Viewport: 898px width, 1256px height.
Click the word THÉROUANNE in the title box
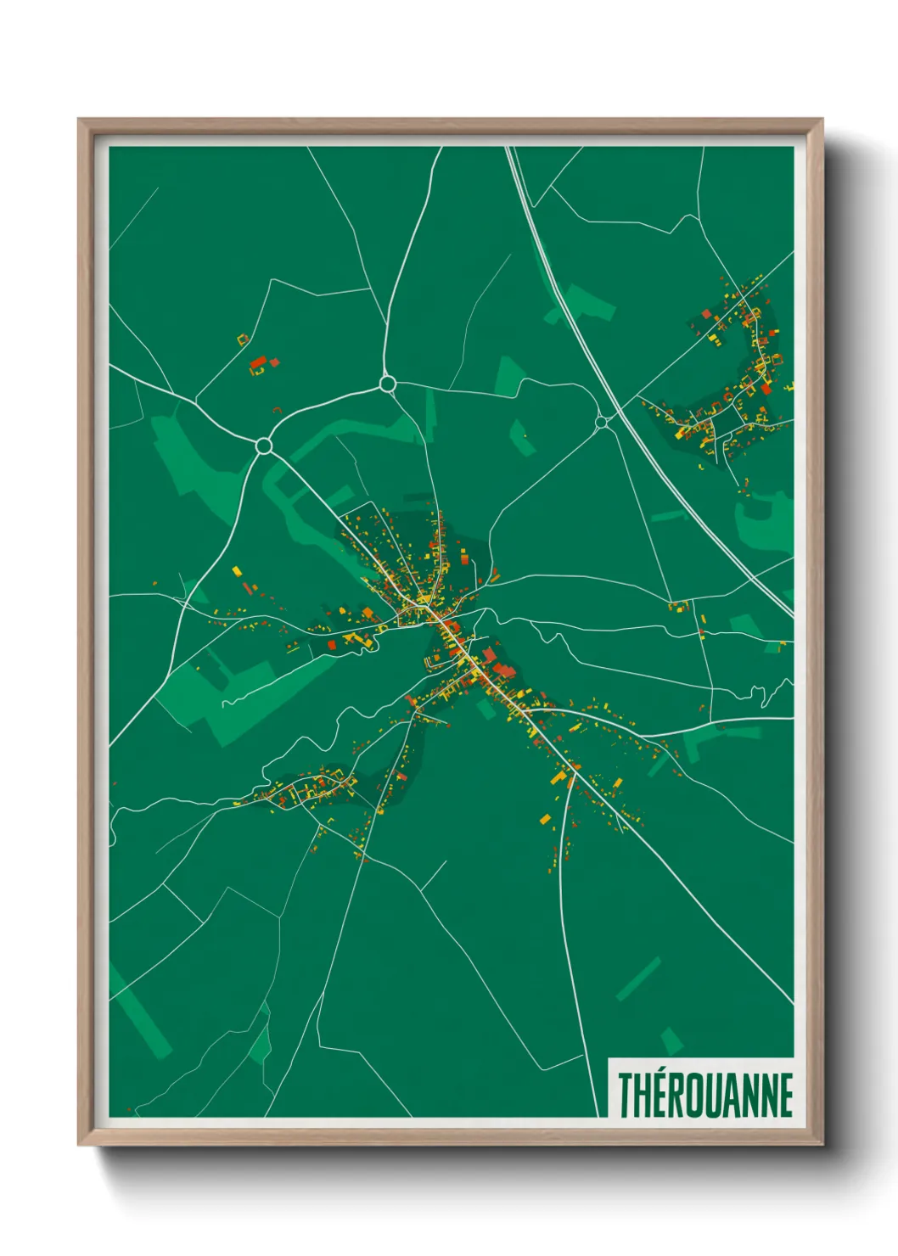click(704, 1095)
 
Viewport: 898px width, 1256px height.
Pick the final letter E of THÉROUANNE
click(784, 1095)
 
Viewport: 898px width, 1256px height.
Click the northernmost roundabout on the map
click(388, 384)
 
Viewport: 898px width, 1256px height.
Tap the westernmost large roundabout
click(264, 446)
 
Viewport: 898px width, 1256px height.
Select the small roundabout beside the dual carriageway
click(601, 422)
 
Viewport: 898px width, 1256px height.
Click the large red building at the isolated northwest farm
click(257, 363)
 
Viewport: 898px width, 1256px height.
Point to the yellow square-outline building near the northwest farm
click(243, 339)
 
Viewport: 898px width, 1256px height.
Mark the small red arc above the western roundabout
click(277, 411)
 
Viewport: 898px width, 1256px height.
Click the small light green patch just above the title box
click(671, 1040)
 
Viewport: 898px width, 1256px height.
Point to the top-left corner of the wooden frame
click(80, 121)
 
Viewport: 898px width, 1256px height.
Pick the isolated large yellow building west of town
click(237, 570)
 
